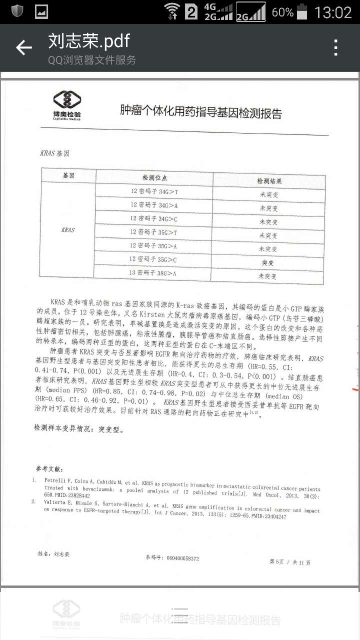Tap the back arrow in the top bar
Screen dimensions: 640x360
(x=23, y=47)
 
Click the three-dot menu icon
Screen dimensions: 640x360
(x=336, y=47)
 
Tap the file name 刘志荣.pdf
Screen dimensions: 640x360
(x=89, y=41)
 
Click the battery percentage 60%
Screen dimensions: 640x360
(x=282, y=12)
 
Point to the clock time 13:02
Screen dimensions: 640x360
(x=333, y=12)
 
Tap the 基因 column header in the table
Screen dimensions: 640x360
(x=68, y=176)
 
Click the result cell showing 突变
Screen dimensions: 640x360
(x=268, y=262)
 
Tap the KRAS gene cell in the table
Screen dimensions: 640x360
(x=67, y=230)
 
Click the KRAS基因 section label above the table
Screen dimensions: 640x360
(x=53, y=152)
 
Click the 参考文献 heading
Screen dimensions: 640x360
(x=49, y=468)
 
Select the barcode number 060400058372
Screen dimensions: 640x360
(x=172, y=558)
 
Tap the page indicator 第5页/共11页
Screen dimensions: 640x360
(x=289, y=562)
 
